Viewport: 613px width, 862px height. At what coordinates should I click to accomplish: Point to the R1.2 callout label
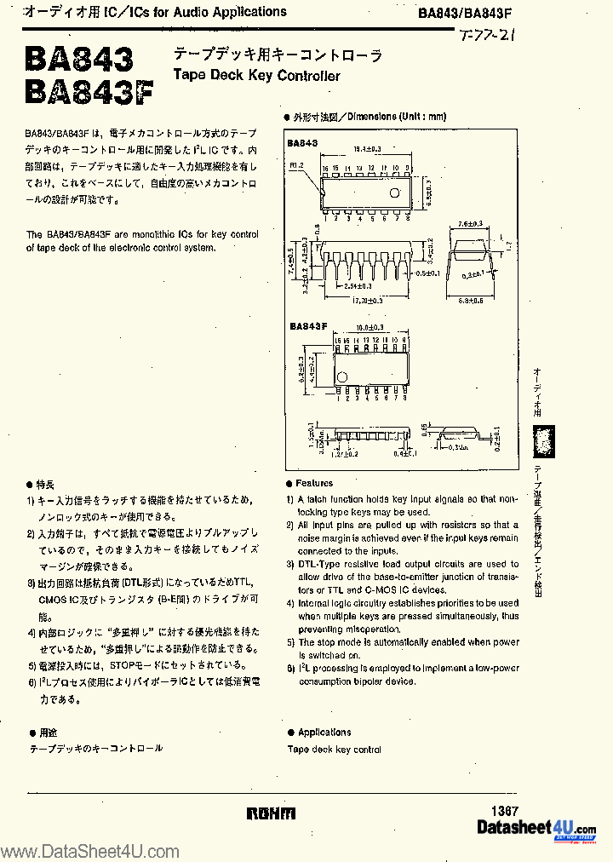[295, 164]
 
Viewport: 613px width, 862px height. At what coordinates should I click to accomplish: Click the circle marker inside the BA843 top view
[394, 193]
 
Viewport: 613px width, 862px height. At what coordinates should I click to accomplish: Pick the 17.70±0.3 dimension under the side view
[368, 301]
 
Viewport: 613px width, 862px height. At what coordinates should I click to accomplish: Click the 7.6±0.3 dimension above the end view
[470, 224]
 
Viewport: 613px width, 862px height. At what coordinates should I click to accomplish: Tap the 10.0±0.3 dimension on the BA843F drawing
[369, 327]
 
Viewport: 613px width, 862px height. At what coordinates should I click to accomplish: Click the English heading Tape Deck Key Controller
[256, 76]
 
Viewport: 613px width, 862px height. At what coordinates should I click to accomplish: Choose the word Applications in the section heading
[324, 732]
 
